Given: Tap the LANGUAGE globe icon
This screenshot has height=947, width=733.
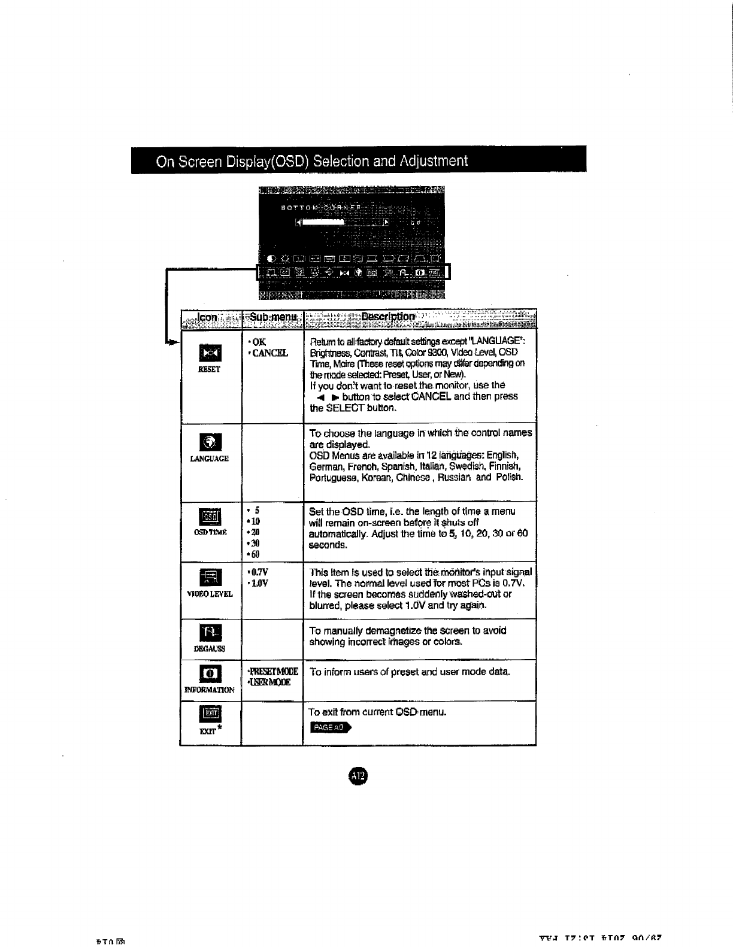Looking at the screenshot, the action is (x=211, y=443).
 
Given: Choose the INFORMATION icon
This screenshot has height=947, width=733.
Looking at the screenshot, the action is (x=210, y=673).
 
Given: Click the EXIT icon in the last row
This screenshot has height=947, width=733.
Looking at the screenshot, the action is (x=210, y=714).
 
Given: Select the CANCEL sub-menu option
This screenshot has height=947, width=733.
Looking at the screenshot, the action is (x=270, y=353).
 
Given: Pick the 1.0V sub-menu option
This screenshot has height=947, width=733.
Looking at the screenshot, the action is (x=259, y=583).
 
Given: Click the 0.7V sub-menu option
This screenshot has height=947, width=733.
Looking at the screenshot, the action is (x=259, y=572).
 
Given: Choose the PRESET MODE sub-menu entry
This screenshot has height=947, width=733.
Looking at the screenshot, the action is (x=273, y=672).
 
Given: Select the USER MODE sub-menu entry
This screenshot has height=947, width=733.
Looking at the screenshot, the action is (x=269, y=682).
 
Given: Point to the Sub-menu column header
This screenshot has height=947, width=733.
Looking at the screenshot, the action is (x=273, y=317).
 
